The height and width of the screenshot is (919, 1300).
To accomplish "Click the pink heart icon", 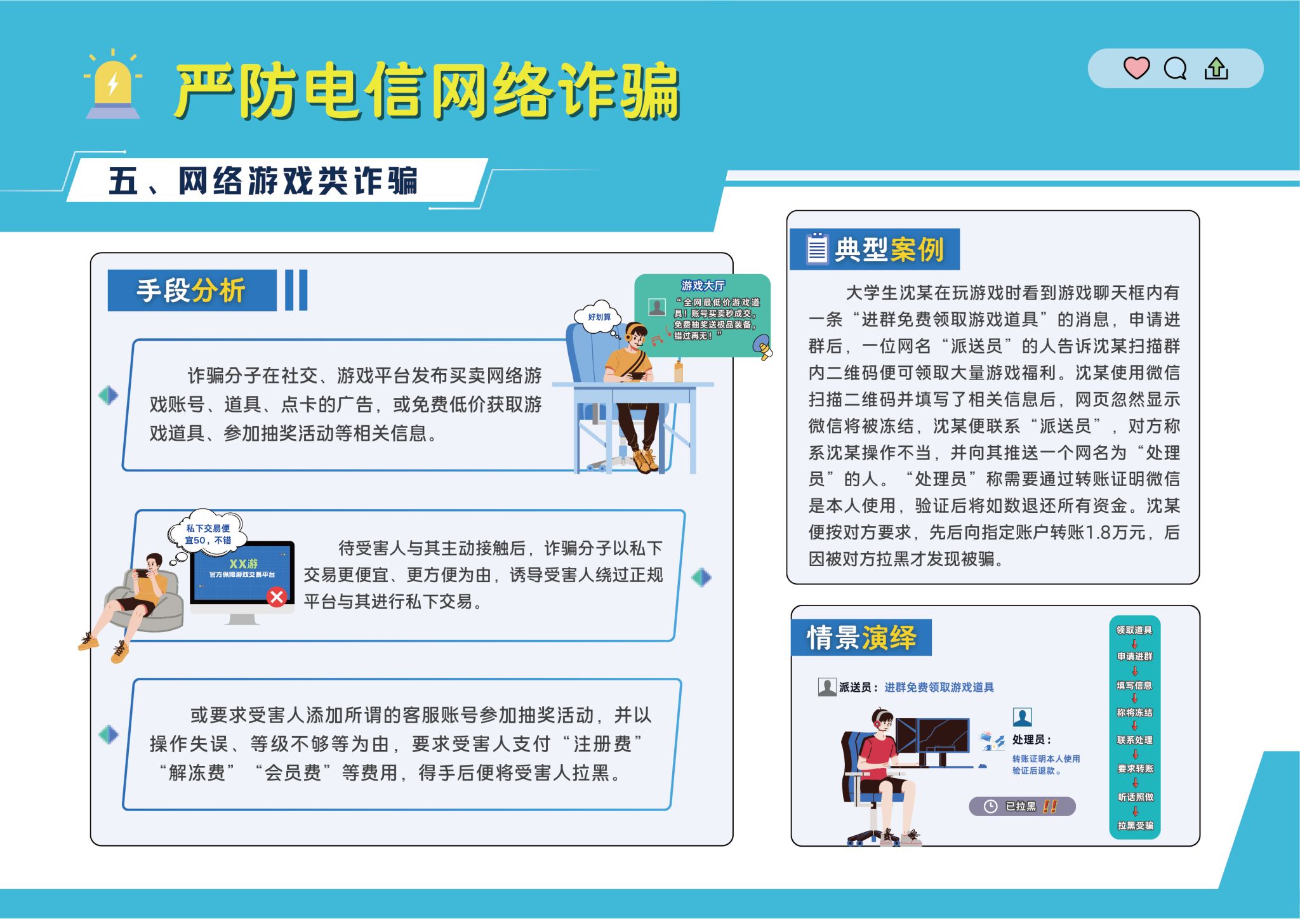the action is [x=1136, y=67].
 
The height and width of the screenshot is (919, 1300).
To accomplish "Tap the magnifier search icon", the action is [x=1175, y=68].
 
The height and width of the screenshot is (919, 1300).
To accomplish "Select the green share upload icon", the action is [x=1216, y=68].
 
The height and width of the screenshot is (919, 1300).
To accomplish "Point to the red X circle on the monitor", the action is [x=277, y=597].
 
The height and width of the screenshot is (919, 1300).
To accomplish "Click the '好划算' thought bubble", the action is [x=599, y=317].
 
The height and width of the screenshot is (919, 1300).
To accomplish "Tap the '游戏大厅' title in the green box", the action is [x=703, y=286].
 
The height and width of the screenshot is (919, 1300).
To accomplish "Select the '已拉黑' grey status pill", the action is [x=1022, y=806].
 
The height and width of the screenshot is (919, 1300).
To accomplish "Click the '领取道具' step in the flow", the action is [x=1134, y=630].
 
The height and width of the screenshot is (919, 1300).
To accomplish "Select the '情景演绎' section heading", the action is [x=861, y=637].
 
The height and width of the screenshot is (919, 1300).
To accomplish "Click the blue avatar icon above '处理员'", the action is [x=1022, y=717].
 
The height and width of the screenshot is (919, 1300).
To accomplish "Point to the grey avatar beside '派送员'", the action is [x=827, y=687].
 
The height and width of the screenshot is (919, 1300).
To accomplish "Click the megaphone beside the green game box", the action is [x=762, y=347].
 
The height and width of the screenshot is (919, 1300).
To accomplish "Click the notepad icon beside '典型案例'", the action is [x=817, y=248].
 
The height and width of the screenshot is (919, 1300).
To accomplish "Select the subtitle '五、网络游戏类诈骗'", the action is [x=263, y=181].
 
